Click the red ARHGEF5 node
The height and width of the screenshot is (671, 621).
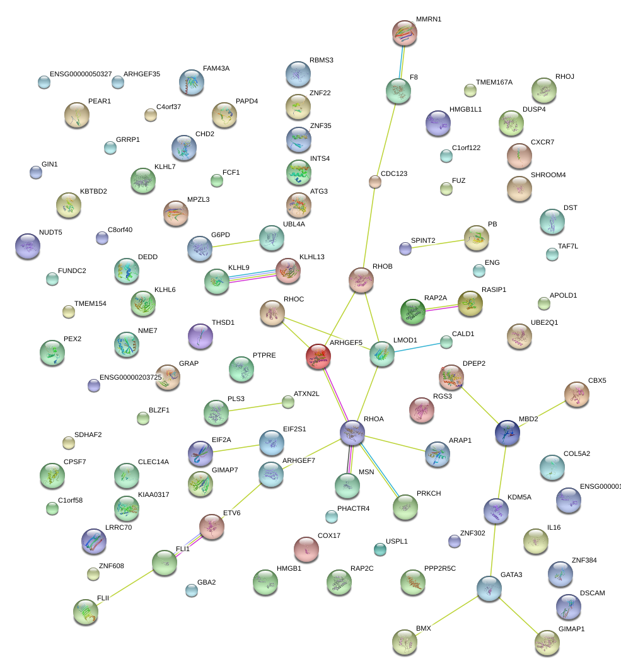pyautogui.click(x=318, y=356)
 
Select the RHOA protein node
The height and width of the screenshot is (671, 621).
pyautogui.click(x=352, y=431)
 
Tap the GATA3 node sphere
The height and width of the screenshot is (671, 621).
pyautogui.click(x=489, y=588)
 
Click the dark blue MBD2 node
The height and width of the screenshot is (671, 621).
pyautogui.click(x=508, y=432)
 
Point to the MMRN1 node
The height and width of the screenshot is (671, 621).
pyautogui.click(x=405, y=33)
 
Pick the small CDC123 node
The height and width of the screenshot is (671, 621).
pyautogui.click(x=375, y=182)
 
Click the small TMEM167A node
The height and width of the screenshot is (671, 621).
pyautogui.click(x=470, y=90)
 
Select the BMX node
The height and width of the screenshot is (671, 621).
pyautogui.click(x=405, y=641)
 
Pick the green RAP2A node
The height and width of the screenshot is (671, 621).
pyautogui.click(x=413, y=310)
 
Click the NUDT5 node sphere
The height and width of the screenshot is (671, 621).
pyautogui.click(x=28, y=245)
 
